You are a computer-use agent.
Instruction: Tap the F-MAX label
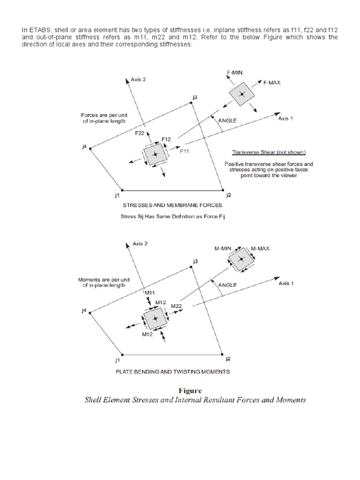(x=272, y=82)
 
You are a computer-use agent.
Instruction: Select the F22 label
(x=139, y=134)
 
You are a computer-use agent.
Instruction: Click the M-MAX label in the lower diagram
(x=260, y=248)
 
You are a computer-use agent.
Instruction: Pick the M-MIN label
(x=223, y=248)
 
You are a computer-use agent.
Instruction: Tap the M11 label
(x=150, y=293)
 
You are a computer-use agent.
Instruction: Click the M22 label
(x=177, y=306)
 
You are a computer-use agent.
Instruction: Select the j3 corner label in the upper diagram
(x=195, y=97)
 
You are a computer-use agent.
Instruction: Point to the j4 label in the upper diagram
(x=84, y=147)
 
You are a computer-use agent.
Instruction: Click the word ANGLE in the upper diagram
(x=227, y=120)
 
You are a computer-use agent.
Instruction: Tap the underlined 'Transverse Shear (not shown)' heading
(x=269, y=152)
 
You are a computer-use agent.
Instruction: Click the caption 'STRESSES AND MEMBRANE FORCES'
(x=172, y=205)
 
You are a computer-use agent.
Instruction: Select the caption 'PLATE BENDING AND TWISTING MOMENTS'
(x=172, y=372)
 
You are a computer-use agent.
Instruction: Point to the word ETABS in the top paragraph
(x=38, y=30)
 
